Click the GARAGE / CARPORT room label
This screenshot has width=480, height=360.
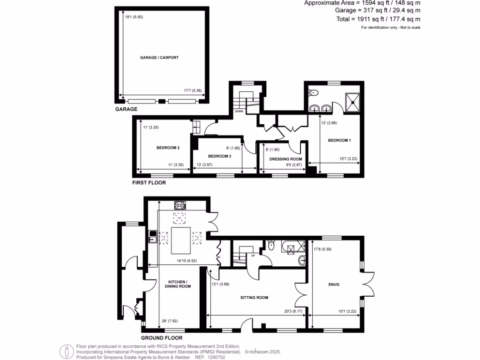[159, 58]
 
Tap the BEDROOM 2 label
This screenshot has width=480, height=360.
[168, 148]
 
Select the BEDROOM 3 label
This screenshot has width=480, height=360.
[220, 156]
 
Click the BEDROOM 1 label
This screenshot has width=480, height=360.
[339, 140]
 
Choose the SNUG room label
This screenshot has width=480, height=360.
[334, 285]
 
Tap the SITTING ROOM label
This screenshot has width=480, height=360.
[254, 298]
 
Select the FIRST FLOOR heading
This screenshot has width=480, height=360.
[149, 183]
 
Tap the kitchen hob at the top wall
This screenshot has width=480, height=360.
[180, 205]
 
